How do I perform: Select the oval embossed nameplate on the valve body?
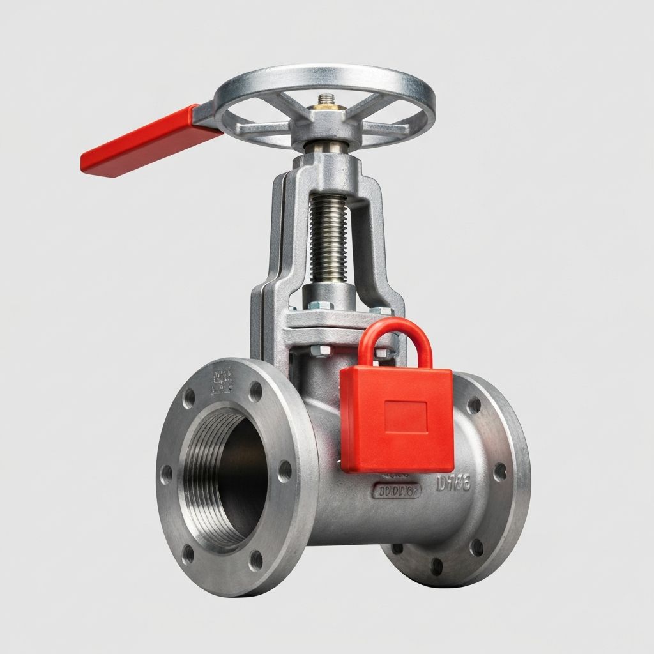[x=396, y=491]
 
